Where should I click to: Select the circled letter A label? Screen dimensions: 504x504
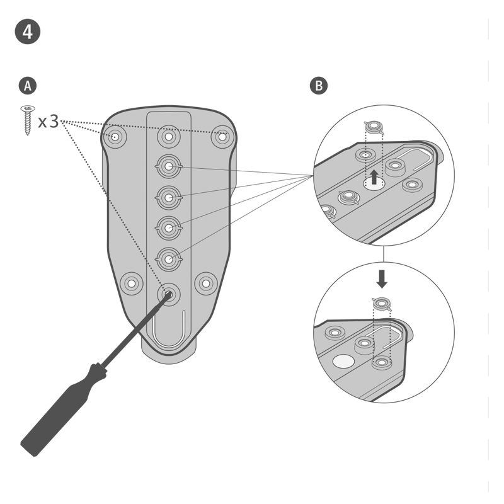pos(27,86)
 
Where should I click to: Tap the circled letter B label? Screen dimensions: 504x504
pos(319,86)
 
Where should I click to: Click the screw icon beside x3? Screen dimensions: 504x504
pos(28,120)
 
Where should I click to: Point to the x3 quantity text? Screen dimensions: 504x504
pos(49,121)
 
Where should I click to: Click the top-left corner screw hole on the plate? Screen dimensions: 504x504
pos(115,136)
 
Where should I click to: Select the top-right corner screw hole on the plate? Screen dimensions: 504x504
pos(222,136)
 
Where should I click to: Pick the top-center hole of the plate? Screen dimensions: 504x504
pos(168,136)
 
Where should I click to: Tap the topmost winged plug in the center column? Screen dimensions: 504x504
pos(168,166)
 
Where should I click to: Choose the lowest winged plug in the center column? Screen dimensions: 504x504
pos(168,258)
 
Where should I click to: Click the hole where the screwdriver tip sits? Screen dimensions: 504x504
pos(168,293)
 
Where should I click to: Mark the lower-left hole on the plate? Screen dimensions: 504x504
pos(131,283)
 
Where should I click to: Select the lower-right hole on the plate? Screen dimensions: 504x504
pos(206,283)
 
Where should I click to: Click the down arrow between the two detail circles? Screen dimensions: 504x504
pos(382,277)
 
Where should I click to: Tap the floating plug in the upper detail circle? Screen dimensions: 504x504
pos(375,129)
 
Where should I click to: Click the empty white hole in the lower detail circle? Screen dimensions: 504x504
pos(343,361)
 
